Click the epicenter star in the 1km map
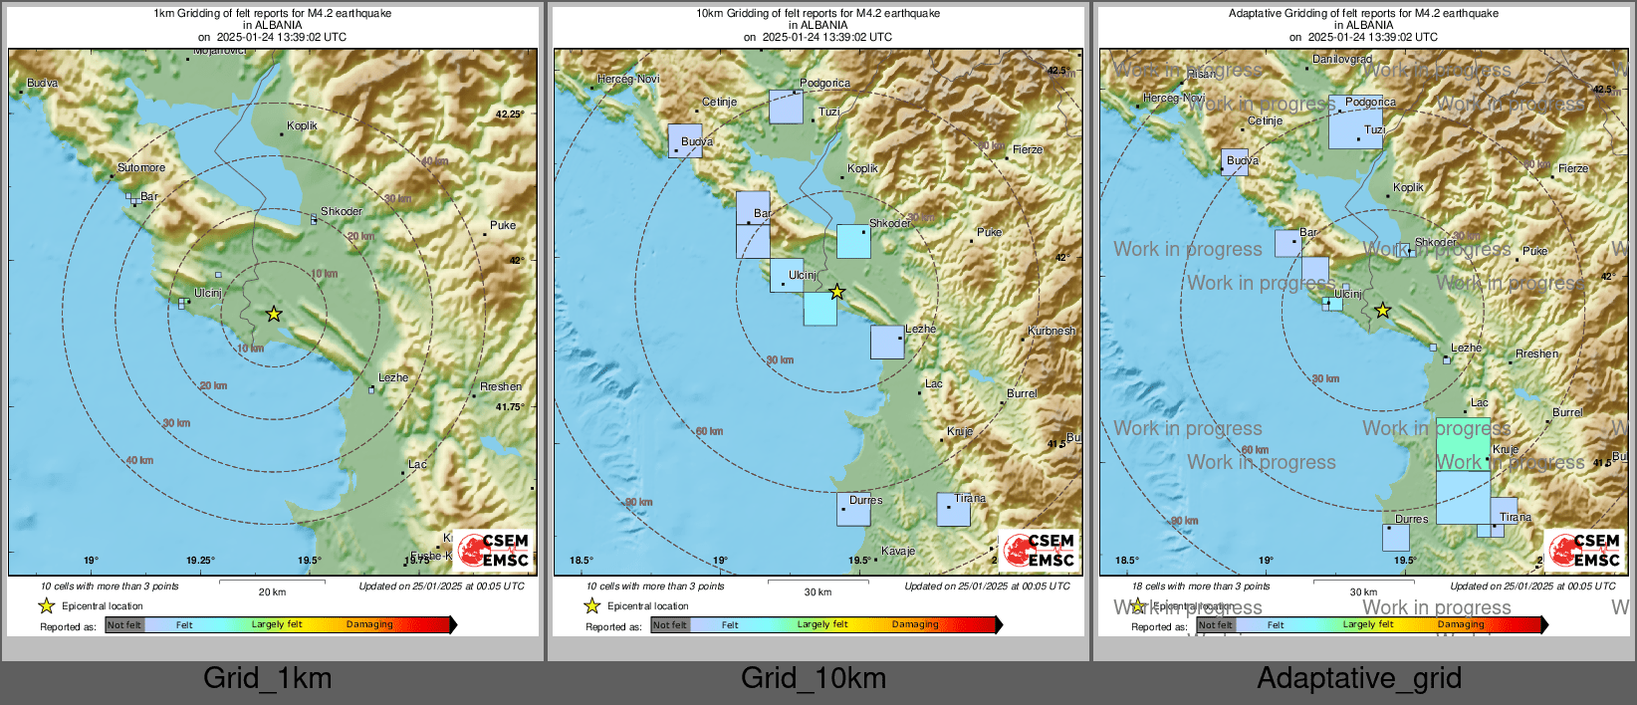[274, 315]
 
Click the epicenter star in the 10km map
[837, 292]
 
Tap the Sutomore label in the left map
[141, 167]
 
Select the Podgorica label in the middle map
[824, 83]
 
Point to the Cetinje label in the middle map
[719, 102]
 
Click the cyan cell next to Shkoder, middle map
[853, 242]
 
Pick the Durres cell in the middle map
[853, 509]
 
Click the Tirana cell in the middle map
[953, 510]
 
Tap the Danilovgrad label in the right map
[1341, 59]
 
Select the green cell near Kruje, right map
[1463, 444]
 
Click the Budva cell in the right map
[1235, 162]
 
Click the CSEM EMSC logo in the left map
[494, 551]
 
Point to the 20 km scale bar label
[272, 591]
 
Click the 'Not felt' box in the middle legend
[670, 625]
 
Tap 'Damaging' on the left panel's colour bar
[369, 624]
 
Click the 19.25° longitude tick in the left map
[200, 561]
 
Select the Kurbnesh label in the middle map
[1052, 331]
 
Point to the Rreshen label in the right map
[1536, 353]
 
